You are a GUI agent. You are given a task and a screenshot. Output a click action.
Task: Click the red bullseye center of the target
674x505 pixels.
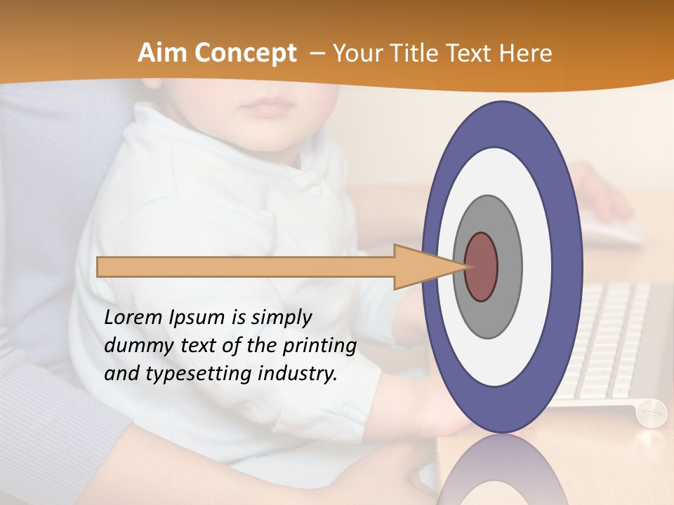[482, 267]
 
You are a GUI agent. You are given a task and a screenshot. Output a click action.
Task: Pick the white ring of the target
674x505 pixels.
[536, 267]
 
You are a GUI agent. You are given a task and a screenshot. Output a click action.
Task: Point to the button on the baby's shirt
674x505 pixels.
[317, 189]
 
